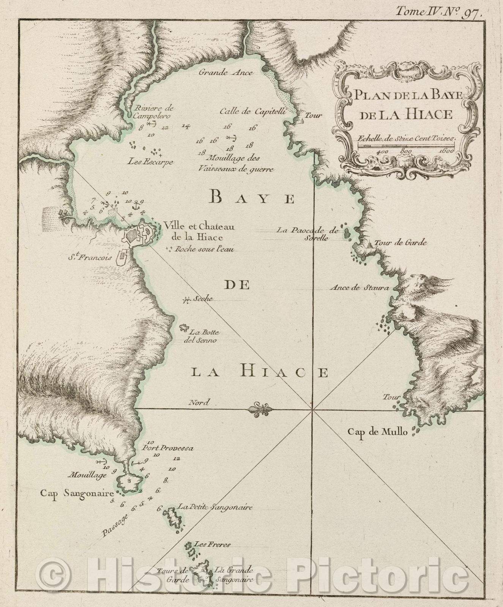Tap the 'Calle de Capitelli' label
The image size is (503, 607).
252,112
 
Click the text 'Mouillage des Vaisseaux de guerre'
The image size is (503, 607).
235,164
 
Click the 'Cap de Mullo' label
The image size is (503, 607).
378,432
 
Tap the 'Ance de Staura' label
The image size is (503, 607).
360,288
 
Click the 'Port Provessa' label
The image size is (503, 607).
168,448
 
